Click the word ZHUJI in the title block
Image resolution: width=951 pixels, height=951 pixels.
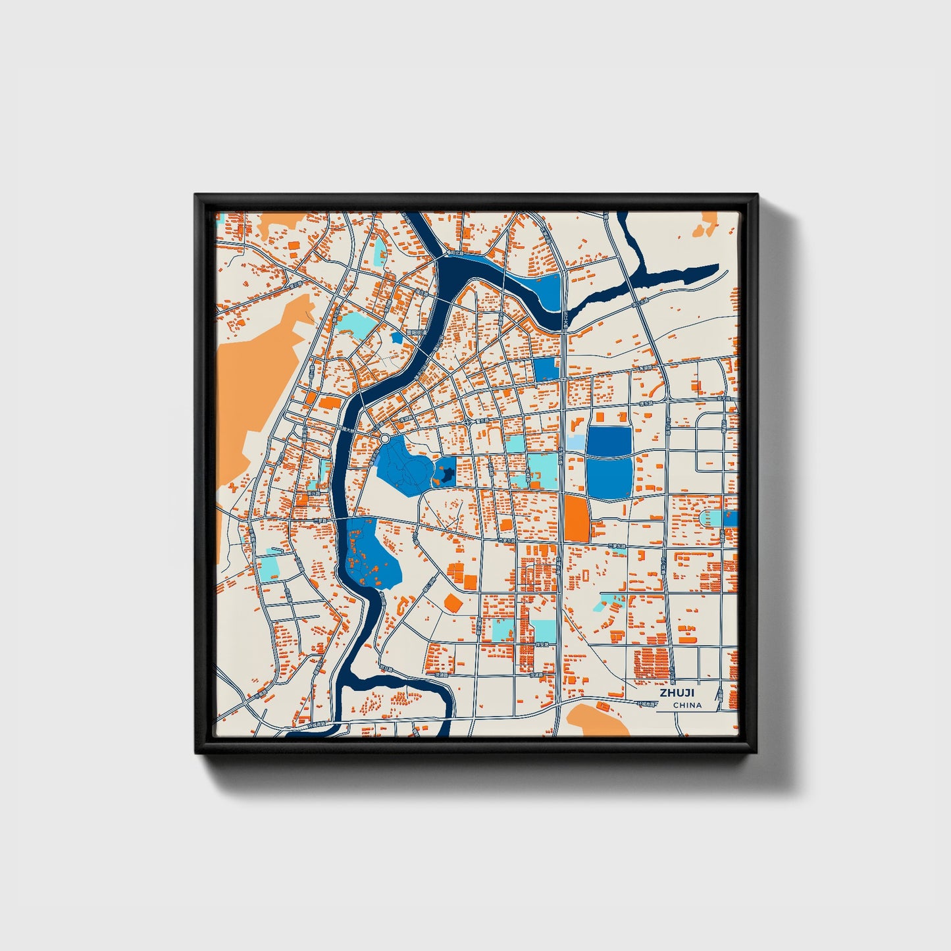click(x=677, y=693)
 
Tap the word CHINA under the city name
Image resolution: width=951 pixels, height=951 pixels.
click(x=687, y=705)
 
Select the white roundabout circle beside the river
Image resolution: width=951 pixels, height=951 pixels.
click(x=384, y=438)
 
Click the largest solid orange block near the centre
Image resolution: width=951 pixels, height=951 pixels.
click(x=576, y=519)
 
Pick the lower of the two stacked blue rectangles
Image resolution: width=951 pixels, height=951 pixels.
click(x=609, y=478)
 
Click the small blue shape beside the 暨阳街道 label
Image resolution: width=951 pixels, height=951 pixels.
click(x=396, y=338)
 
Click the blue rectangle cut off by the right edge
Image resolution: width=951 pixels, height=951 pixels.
click(x=731, y=519)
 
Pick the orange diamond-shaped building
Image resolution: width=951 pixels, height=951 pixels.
click(x=452, y=602)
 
